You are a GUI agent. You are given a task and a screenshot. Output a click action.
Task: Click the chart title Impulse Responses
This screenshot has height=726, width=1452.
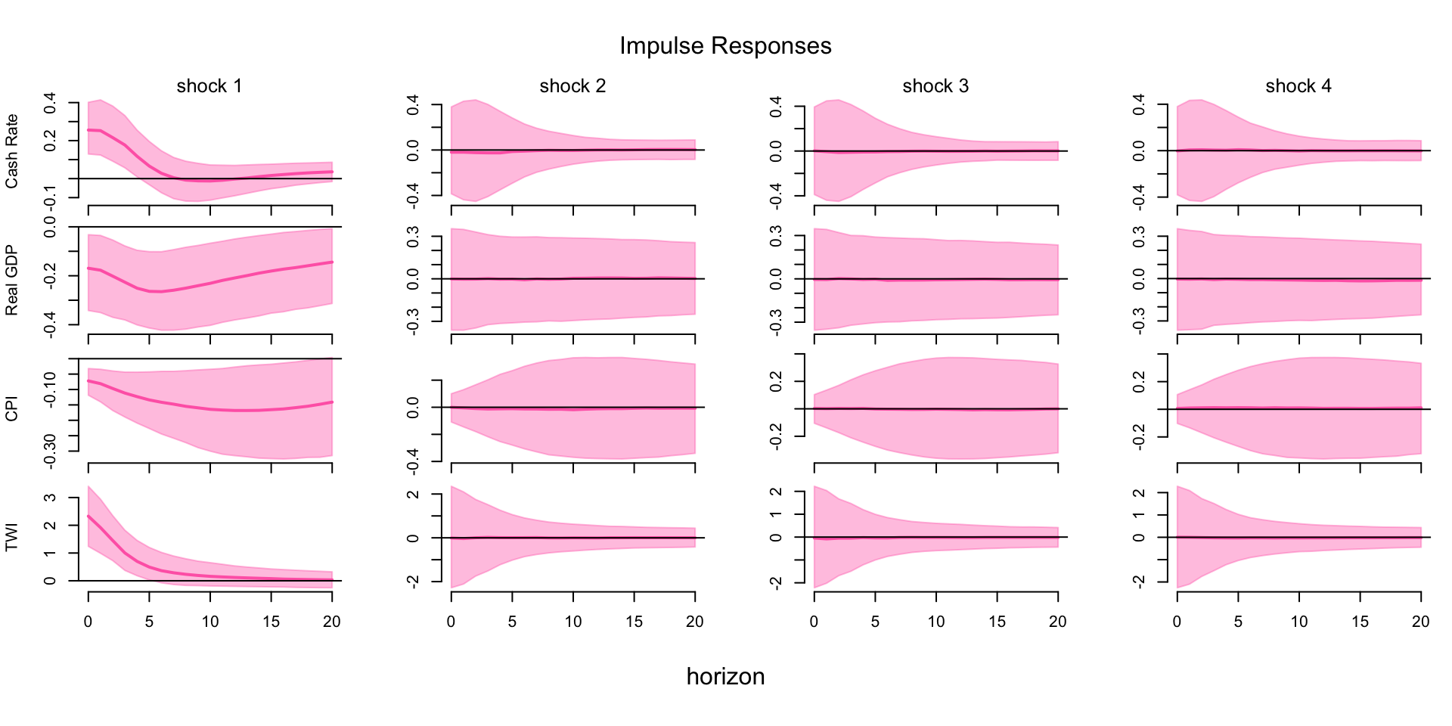725,46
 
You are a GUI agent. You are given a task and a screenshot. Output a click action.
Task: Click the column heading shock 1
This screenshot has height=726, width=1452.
209,86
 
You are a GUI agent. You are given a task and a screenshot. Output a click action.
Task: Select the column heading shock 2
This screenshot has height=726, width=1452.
572,86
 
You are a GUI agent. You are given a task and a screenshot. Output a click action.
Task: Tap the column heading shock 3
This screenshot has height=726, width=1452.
935,86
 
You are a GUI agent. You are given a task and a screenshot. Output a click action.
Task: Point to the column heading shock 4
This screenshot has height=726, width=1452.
1298,86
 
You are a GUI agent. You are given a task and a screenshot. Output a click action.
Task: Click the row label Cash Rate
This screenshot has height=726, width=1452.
11,151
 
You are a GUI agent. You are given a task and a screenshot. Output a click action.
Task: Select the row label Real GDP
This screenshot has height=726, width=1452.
11,281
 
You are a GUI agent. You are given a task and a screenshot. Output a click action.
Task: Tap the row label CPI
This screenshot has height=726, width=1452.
11,409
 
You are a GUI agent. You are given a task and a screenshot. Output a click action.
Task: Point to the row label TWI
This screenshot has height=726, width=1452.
11,538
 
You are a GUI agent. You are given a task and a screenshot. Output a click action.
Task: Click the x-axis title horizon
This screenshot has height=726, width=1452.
725,676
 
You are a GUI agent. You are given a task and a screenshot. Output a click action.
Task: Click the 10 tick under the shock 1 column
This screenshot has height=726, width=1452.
210,622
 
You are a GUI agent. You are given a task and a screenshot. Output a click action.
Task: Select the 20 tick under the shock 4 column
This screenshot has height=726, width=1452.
1421,622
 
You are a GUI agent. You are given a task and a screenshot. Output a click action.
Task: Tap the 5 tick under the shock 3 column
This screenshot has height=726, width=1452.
875,622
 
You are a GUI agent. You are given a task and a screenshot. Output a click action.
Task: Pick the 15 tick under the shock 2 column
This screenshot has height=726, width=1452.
634,622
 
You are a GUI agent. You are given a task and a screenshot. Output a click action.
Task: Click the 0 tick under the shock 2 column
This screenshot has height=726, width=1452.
451,622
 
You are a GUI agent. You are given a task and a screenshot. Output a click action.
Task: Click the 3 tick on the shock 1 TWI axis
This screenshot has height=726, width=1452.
50,498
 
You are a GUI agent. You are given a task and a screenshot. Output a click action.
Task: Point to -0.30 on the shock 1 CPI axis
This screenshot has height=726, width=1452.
50,451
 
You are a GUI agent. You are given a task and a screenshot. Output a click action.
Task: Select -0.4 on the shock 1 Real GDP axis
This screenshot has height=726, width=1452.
50,324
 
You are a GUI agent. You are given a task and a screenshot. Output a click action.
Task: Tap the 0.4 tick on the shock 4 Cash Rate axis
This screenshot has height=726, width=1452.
1139,105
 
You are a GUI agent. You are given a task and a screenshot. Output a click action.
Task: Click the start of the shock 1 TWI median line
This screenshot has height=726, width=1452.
88,516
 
